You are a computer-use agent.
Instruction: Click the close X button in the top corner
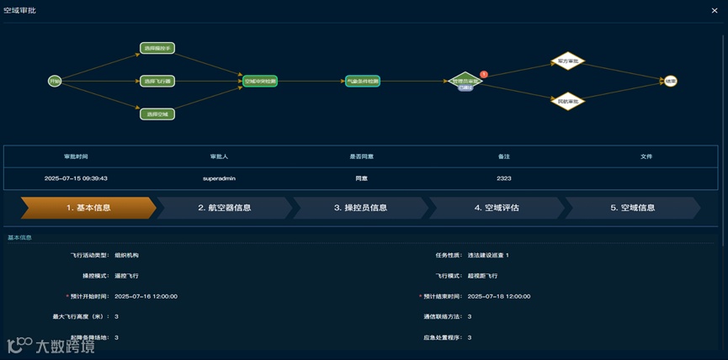point(715,10)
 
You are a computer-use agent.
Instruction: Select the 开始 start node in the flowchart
point(55,81)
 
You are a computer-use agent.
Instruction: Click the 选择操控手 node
point(157,49)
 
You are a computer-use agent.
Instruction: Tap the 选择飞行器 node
point(157,82)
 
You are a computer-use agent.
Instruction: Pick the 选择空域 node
point(157,114)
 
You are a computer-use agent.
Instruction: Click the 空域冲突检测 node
point(260,82)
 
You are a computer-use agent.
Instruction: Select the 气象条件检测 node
point(363,82)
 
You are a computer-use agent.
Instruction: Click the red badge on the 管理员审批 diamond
point(484,74)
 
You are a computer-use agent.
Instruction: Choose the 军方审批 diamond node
point(568,61)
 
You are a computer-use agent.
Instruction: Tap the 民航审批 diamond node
point(568,101)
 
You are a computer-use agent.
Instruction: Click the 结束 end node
point(670,82)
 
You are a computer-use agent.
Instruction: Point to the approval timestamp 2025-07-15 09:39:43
point(76,178)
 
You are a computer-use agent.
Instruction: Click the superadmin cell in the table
point(219,178)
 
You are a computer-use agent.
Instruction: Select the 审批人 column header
point(219,156)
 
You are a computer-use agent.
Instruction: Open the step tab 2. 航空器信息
point(225,208)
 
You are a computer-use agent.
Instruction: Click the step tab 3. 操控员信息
point(360,208)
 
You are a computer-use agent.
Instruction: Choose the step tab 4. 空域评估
point(497,208)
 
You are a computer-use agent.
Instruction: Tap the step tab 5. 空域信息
point(632,208)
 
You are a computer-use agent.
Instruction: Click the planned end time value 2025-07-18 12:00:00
point(498,296)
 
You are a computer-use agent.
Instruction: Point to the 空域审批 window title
point(19,10)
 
